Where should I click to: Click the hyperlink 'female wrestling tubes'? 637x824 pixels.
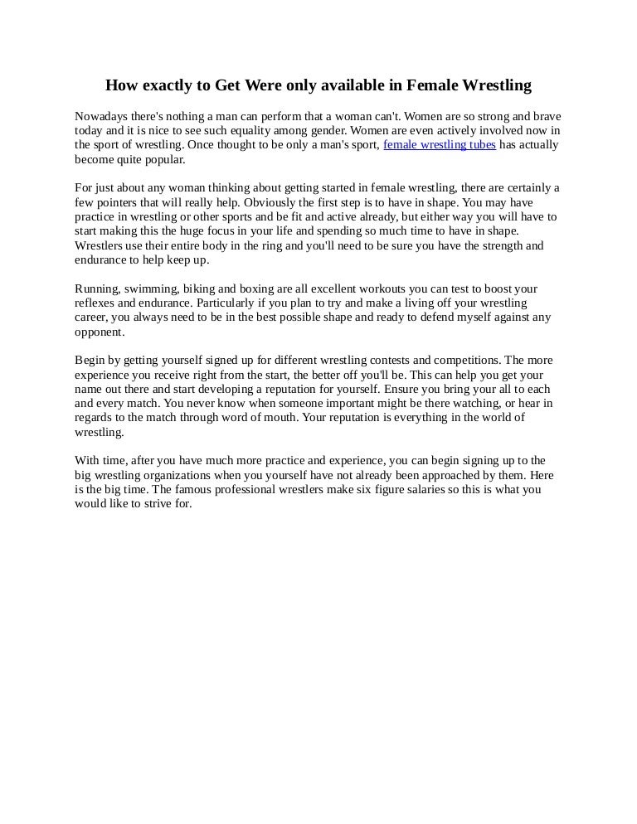pyautogui.click(x=440, y=144)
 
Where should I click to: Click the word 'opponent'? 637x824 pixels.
pyautogui.click(x=99, y=332)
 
